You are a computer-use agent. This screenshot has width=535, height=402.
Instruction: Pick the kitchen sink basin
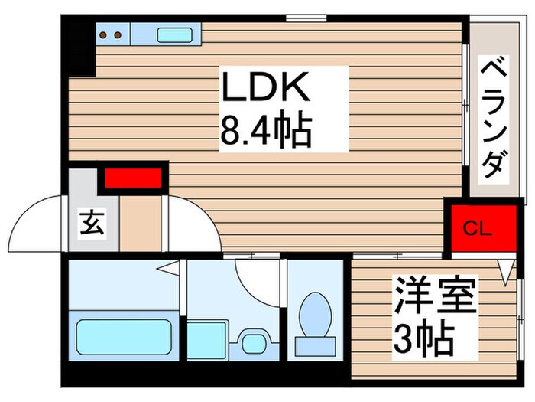pyautogui.click(x=176, y=34)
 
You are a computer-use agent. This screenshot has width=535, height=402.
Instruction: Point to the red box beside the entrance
pyautogui.click(x=132, y=178)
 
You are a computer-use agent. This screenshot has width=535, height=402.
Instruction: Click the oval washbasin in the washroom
pyautogui.click(x=250, y=337)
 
